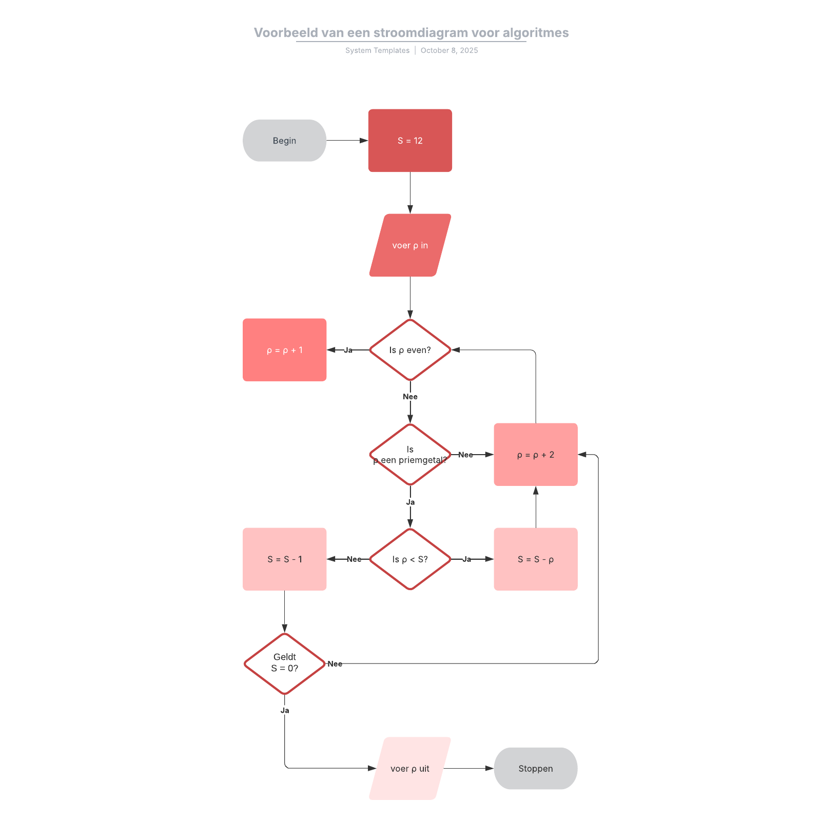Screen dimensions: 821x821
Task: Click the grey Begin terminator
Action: coord(284,141)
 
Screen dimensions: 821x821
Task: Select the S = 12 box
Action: coord(410,141)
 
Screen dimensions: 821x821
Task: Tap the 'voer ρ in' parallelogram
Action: coord(410,245)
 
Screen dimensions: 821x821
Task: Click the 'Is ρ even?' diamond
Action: coord(410,350)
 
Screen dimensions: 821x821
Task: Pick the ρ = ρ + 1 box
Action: coord(284,350)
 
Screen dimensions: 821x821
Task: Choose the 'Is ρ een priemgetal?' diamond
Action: coord(410,455)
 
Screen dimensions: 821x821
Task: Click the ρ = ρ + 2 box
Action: coord(536,455)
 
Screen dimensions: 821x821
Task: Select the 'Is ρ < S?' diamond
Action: coord(410,559)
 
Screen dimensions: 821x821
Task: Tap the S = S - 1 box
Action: coord(284,559)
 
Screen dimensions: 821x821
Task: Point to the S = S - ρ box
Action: coord(536,559)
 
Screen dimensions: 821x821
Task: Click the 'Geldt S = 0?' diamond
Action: coord(284,663)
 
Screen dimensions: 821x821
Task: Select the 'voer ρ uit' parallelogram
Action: coord(410,769)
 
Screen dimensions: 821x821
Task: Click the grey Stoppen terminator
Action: coord(536,769)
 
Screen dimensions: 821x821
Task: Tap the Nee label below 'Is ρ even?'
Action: coord(410,397)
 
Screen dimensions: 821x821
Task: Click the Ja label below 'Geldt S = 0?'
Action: coord(285,711)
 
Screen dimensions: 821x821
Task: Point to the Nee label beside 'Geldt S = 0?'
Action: coord(335,664)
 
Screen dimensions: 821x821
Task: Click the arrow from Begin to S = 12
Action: coord(347,141)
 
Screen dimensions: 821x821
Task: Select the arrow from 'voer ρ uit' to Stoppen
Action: coord(468,769)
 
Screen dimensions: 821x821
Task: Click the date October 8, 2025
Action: coord(449,50)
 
